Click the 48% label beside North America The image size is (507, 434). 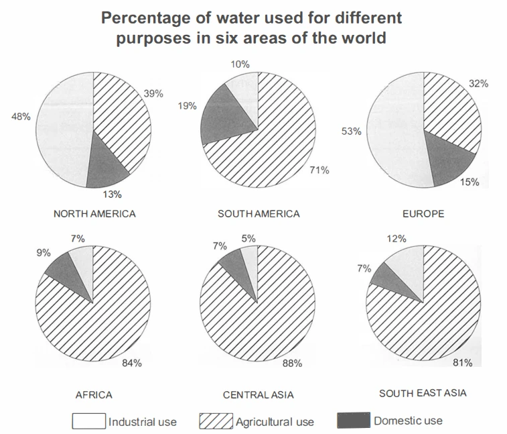(21, 117)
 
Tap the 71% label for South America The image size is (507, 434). (319, 170)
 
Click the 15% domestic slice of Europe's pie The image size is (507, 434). (451, 160)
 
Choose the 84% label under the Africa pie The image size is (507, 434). (132, 363)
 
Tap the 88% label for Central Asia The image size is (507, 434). (293, 363)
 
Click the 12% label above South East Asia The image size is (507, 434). (399, 238)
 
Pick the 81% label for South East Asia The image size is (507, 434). (463, 363)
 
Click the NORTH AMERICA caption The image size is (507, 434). (94, 214)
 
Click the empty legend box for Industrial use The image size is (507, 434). (89, 421)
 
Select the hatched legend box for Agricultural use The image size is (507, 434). (216, 421)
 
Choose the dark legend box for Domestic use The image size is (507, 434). (353, 421)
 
